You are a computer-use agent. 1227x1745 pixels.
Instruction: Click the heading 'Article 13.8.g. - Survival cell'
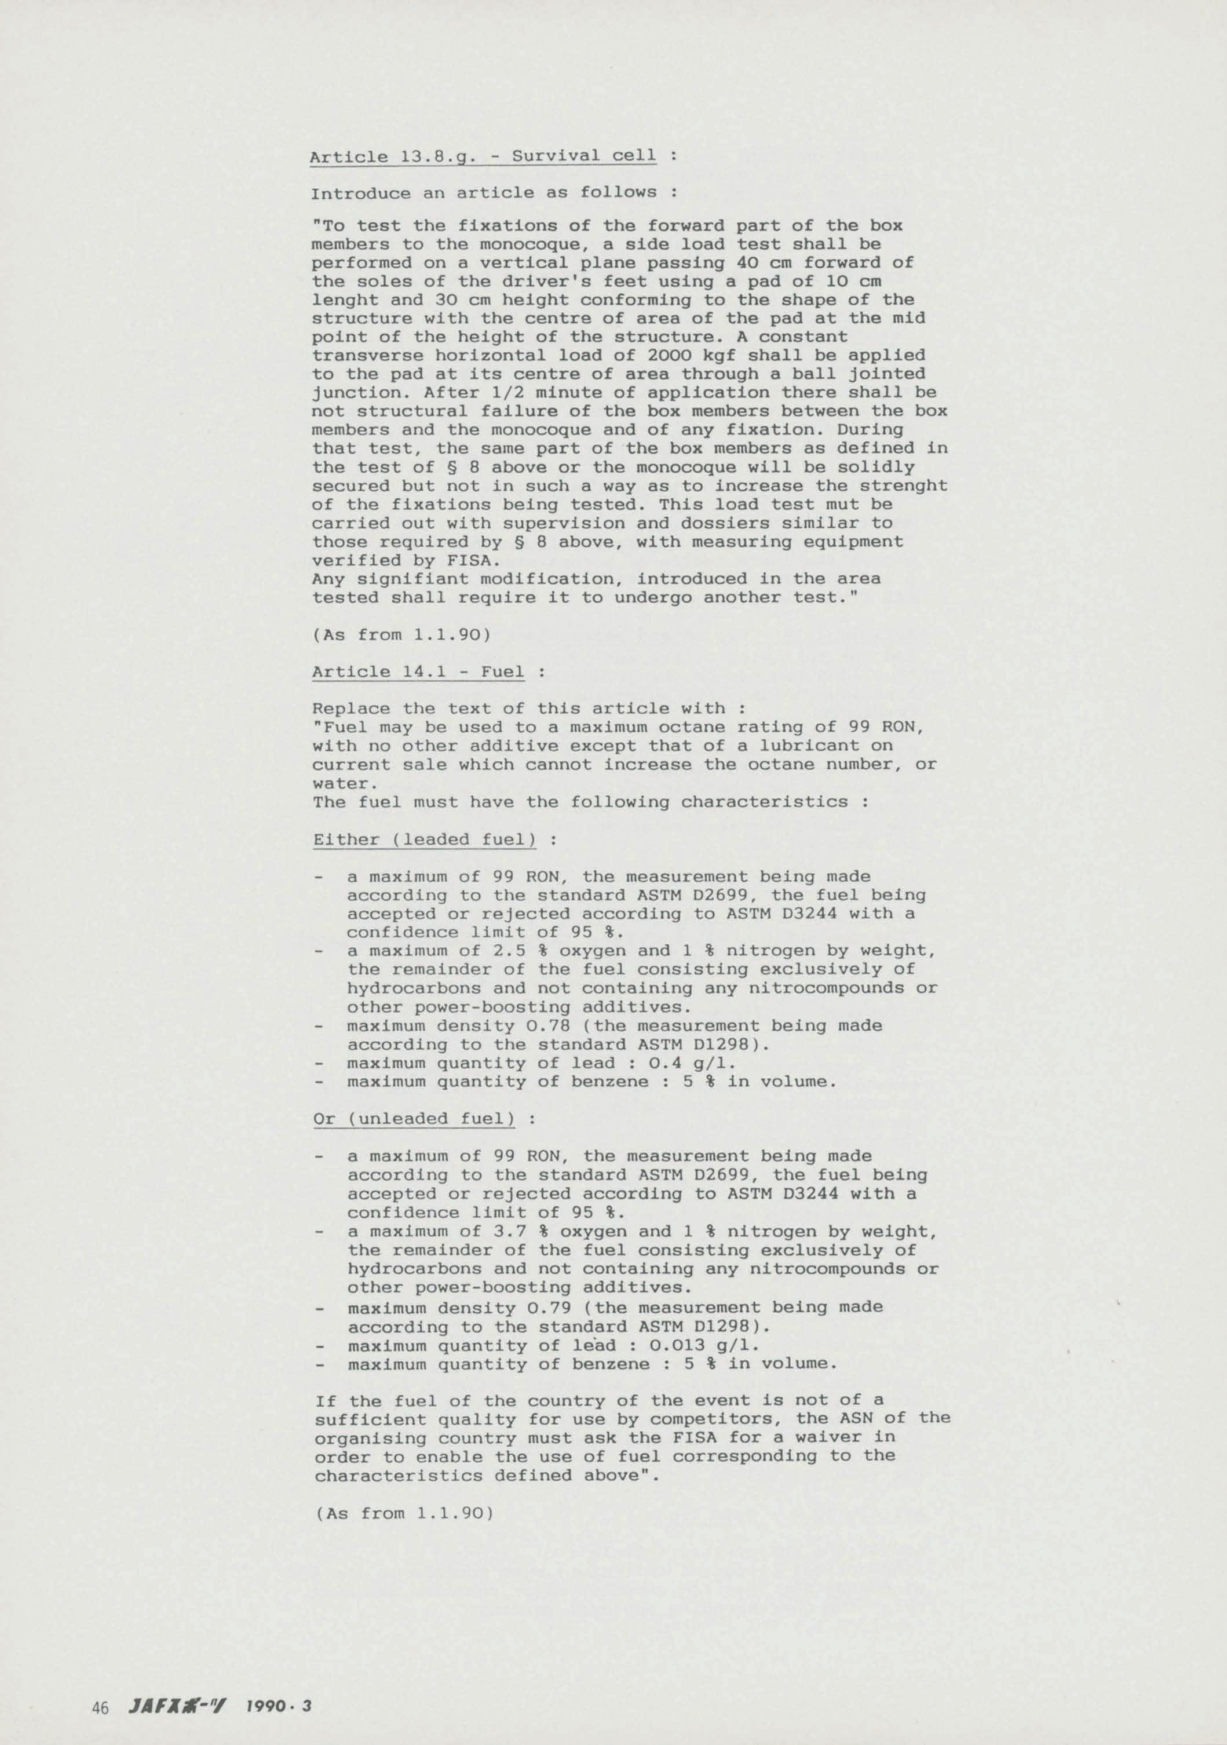[x=483, y=156]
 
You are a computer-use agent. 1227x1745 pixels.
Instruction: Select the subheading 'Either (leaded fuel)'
[x=425, y=840]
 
